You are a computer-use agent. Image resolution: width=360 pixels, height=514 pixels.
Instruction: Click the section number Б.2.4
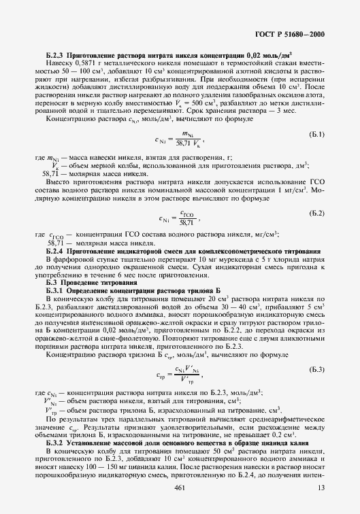pyautogui.click(x=55, y=251)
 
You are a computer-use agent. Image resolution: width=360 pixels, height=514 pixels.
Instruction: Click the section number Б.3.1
pyautogui.click(x=55, y=290)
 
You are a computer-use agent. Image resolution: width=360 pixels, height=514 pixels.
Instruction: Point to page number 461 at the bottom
pyautogui.click(x=180, y=488)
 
